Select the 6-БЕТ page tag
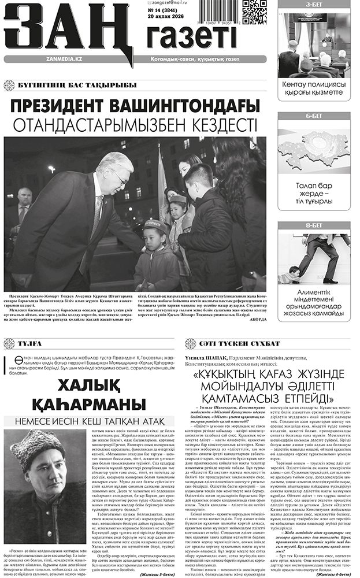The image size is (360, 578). (314, 116)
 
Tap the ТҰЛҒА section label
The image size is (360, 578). (31, 343)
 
